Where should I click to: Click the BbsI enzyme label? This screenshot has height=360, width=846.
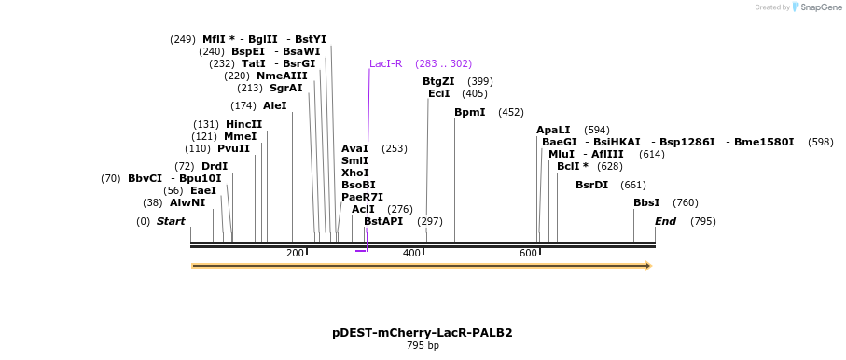tap(646, 202)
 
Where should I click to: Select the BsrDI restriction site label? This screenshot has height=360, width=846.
tap(591, 185)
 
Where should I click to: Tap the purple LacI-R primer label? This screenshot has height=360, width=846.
tap(385, 63)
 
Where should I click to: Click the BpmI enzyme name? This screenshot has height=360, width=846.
tap(469, 112)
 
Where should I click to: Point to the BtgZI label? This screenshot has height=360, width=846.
tap(438, 81)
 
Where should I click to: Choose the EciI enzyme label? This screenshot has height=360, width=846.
tap(438, 93)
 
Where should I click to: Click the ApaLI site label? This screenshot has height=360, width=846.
tap(553, 130)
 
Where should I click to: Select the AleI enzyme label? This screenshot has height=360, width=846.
tap(274, 105)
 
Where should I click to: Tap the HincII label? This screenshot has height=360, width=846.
tap(243, 124)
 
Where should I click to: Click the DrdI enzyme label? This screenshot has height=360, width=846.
tap(215, 166)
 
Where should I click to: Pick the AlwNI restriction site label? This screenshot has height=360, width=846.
tap(187, 202)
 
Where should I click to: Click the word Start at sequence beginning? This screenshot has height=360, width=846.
tap(171, 221)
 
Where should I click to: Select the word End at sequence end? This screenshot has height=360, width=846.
tap(665, 221)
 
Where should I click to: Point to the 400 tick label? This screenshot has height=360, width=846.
tap(411, 254)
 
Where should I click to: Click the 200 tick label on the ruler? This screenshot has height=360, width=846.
tap(295, 254)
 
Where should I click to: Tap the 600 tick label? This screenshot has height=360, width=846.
tap(528, 254)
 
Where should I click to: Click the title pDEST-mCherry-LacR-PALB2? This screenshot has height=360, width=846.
tap(423, 332)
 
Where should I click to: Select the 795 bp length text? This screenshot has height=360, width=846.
tap(423, 345)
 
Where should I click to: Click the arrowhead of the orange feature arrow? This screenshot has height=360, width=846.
tap(646, 266)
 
